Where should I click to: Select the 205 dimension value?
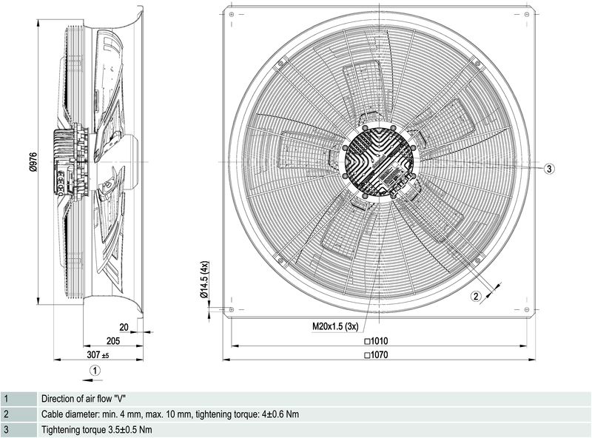click(x=113, y=341)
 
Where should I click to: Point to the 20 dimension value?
click(x=124, y=326)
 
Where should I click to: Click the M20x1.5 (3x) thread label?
click(x=335, y=326)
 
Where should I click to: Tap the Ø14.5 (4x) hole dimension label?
click(x=205, y=280)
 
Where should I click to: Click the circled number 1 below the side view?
click(x=94, y=370)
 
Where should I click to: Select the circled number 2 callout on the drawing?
click(x=477, y=296)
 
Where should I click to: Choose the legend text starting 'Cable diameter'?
click(x=170, y=414)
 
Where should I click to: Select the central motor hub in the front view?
click(x=377, y=161)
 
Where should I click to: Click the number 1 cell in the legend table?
click(x=6, y=399)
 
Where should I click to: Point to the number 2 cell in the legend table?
click(x=6, y=414)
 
